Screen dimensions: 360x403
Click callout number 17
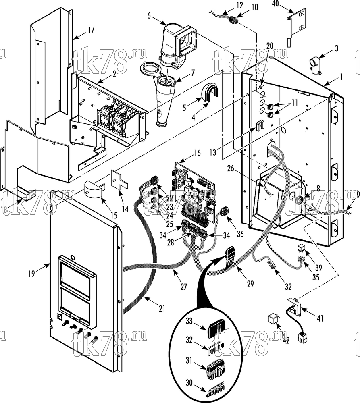pyautogui.click(x=91, y=30)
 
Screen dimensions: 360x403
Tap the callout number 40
pyautogui.click(x=275, y=4)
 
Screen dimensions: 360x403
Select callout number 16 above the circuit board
pyautogui.click(x=197, y=153)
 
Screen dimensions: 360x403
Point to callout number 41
pyautogui.click(x=320, y=318)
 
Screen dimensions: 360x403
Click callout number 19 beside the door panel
pyautogui.click(x=31, y=274)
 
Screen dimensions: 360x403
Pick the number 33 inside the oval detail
pyautogui.click(x=189, y=321)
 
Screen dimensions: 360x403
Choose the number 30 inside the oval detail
pyautogui.click(x=189, y=383)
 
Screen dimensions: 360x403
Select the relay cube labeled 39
pyautogui.click(x=301, y=247)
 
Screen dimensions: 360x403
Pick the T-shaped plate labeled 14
pyautogui.click(x=119, y=180)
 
